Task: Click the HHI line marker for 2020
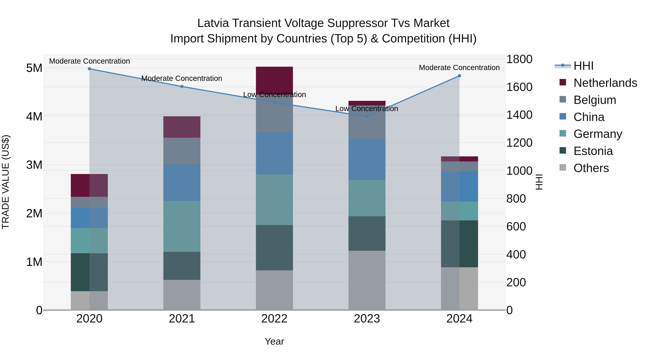pos(90,69)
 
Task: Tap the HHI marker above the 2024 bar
pos(459,76)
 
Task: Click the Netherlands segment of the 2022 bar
pos(274,80)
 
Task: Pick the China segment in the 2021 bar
pos(182,182)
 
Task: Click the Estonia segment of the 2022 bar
pos(274,248)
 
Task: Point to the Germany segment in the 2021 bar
pos(182,226)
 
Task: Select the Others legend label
pos(591,168)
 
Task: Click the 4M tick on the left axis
pos(34,116)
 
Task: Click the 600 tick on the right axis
pos(516,227)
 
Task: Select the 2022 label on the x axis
pos(274,319)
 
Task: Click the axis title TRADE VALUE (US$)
pos(6,182)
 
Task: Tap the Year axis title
pos(274,341)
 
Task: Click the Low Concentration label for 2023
pos(367,109)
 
